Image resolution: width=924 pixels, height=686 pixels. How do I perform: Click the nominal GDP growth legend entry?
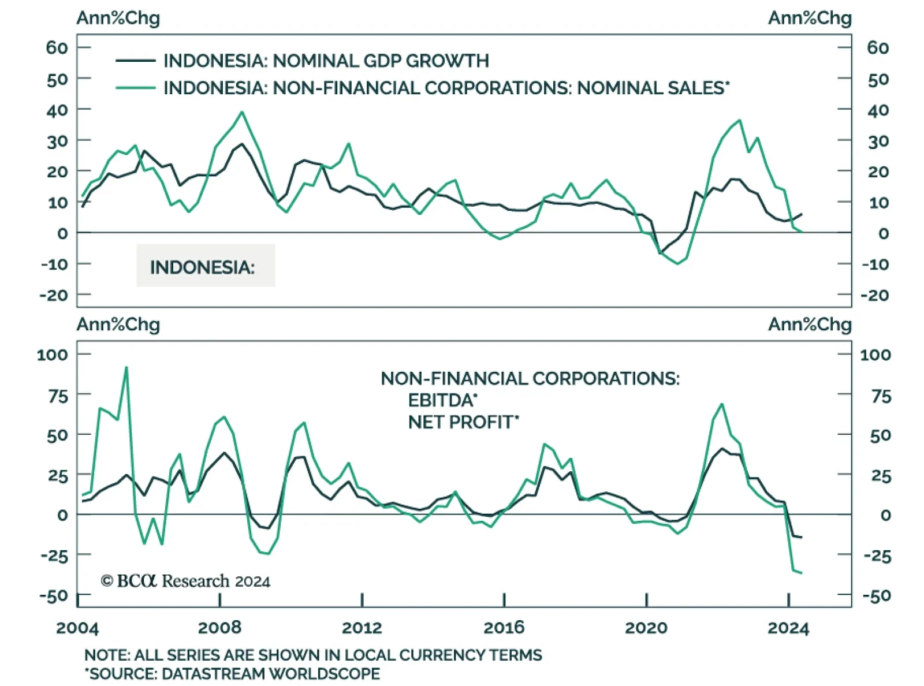click(326, 61)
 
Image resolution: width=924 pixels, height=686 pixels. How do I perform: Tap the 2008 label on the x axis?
click(219, 628)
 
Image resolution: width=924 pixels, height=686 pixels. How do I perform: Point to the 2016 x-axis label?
click(504, 628)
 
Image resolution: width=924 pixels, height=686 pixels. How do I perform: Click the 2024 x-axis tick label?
click(788, 628)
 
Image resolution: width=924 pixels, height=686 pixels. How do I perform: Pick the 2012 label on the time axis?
click(362, 628)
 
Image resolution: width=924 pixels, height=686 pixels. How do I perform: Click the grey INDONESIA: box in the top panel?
click(206, 266)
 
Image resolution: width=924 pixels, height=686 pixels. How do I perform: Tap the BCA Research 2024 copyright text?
click(185, 581)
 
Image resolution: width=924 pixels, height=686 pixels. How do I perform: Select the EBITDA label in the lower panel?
click(442, 400)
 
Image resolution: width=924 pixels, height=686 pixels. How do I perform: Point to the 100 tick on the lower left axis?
click(52, 354)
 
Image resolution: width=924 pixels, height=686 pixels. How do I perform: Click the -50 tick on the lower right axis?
click(876, 595)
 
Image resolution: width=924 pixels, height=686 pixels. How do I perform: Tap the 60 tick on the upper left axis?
click(57, 47)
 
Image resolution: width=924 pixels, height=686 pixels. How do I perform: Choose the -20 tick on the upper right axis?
click(874, 295)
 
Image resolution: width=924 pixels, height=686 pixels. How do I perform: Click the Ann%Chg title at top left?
click(118, 18)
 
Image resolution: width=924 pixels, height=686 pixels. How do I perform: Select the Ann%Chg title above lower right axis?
click(810, 325)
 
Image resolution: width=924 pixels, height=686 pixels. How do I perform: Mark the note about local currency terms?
click(313, 655)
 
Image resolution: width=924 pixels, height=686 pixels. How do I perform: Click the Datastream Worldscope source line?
click(232, 674)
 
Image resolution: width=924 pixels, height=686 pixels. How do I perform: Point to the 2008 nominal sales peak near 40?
click(242, 112)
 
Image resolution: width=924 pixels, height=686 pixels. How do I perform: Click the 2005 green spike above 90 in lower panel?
click(126, 367)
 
